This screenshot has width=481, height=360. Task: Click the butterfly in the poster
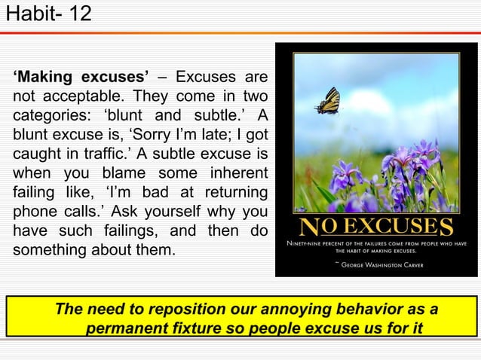(x=328, y=101)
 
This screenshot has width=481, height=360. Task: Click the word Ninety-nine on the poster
(x=306, y=243)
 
